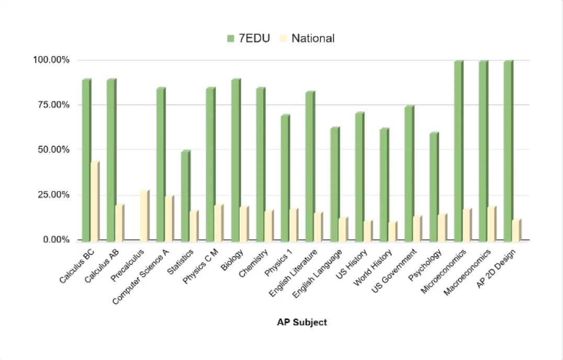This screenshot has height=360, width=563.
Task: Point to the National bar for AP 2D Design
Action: pos(516,230)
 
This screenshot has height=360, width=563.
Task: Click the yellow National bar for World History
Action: pos(392,231)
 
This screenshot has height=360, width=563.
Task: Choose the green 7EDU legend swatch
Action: pos(230,38)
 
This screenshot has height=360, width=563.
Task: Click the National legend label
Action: pos(313,38)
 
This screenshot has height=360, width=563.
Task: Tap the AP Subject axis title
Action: pos(302,322)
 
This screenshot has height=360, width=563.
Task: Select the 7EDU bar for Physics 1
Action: pos(285,177)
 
